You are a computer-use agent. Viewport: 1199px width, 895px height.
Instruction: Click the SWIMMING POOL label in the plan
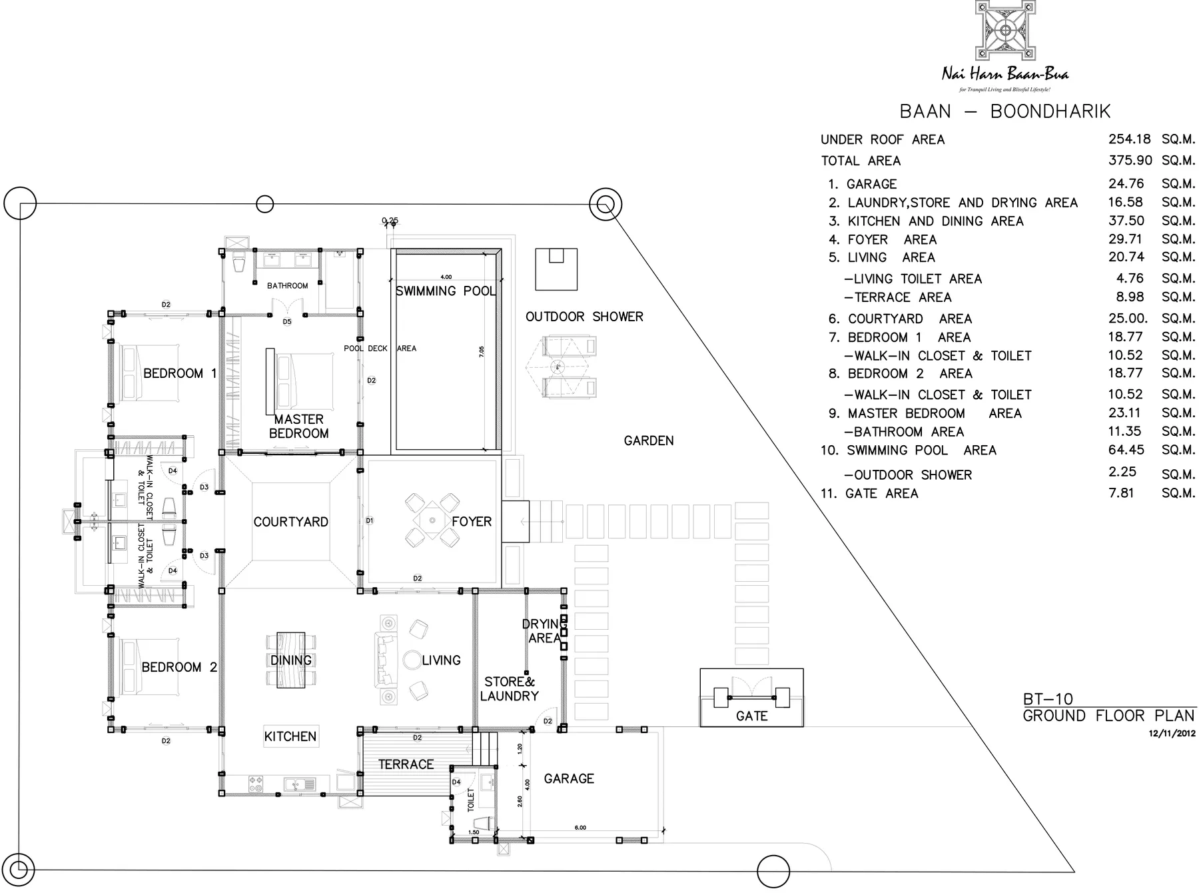(x=446, y=291)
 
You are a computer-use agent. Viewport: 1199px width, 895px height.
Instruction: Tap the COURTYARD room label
(x=290, y=522)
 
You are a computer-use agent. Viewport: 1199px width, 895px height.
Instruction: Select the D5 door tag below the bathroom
(x=287, y=322)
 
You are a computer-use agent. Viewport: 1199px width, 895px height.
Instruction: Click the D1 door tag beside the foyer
(x=370, y=520)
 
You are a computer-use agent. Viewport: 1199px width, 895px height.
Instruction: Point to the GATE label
(x=751, y=716)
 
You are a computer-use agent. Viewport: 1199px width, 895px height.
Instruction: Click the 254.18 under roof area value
(x=1129, y=139)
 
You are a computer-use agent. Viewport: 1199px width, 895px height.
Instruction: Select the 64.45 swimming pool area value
(x=1126, y=450)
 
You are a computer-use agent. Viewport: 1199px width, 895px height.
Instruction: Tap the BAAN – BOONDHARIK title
(x=1004, y=111)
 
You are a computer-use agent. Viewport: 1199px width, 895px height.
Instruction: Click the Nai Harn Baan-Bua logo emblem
(x=1005, y=31)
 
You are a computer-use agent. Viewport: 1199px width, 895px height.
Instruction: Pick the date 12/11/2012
(x=1172, y=733)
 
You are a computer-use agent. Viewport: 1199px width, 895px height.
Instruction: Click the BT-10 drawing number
(x=1048, y=699)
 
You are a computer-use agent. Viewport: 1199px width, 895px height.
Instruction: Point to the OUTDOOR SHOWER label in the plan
(x=584, y=317)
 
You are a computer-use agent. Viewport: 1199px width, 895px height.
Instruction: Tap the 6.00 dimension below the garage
(x=580, y=828)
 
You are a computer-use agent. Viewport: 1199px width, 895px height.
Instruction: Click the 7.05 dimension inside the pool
(x=482, y=353)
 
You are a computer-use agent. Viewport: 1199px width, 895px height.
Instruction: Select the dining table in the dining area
(x=291, y=660)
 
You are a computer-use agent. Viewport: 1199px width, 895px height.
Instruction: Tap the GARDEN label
(x=648, y=441)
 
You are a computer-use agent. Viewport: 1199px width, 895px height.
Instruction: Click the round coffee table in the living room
(x=411, y=660)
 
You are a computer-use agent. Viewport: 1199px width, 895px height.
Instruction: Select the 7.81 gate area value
(x=1121, y=493)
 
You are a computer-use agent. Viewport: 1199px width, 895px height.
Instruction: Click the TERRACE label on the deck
(x=406, y=764)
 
